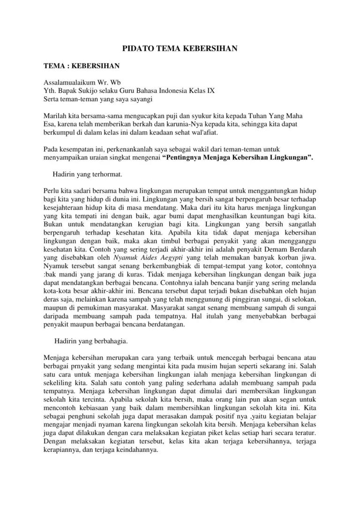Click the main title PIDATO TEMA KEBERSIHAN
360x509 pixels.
180,48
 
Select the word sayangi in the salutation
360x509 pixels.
141,99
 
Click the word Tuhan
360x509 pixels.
272,115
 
